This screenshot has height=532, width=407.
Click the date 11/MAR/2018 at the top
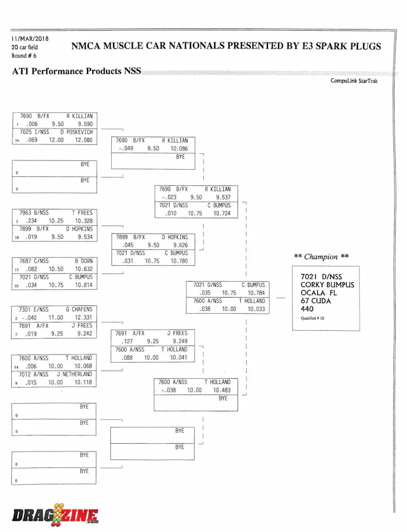tap(30, 39)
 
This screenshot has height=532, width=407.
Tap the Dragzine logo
tap(55, 515)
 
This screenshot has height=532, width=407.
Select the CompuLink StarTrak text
tap(354, 81)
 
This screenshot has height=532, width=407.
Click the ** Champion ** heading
tap(321, 257)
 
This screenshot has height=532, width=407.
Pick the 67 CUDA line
tap(316, 301)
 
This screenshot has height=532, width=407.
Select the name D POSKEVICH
tap(75, 132)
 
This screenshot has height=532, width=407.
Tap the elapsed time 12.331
tap(83, 318)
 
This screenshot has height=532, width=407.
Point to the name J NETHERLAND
tap(75, 375)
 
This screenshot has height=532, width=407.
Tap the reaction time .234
tap(29, 221)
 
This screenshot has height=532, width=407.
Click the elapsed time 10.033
tap(256, 309)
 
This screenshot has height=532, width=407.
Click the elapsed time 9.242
tap(85, 334)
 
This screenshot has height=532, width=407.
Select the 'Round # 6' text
tap(24, 56)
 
